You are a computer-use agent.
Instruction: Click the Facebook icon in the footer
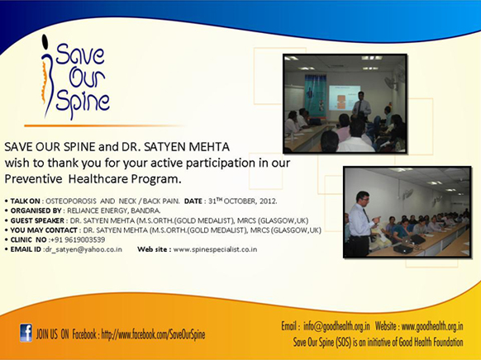point(26,333)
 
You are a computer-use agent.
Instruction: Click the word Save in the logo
point(79,54)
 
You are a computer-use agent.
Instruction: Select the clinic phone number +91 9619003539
point(78,239)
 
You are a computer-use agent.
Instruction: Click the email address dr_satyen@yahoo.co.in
point(83,249)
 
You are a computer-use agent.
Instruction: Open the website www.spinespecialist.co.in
point(215,249)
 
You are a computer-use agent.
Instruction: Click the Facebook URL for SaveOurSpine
point(153,334)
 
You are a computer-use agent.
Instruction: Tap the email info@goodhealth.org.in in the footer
point(336,326)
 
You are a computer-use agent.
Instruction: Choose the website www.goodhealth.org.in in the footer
point(432,326)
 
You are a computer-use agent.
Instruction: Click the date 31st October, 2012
point(243,201)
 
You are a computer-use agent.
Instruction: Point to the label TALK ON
point(25,201)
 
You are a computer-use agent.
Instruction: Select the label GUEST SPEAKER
point(37,220)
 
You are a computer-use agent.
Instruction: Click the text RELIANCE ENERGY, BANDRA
point(113,211)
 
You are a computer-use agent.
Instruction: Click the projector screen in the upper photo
point(344,97)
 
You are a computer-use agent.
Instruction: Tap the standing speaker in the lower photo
point(362,223)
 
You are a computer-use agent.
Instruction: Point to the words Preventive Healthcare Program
point(93,178)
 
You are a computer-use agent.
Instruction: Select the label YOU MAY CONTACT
point(44,230)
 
